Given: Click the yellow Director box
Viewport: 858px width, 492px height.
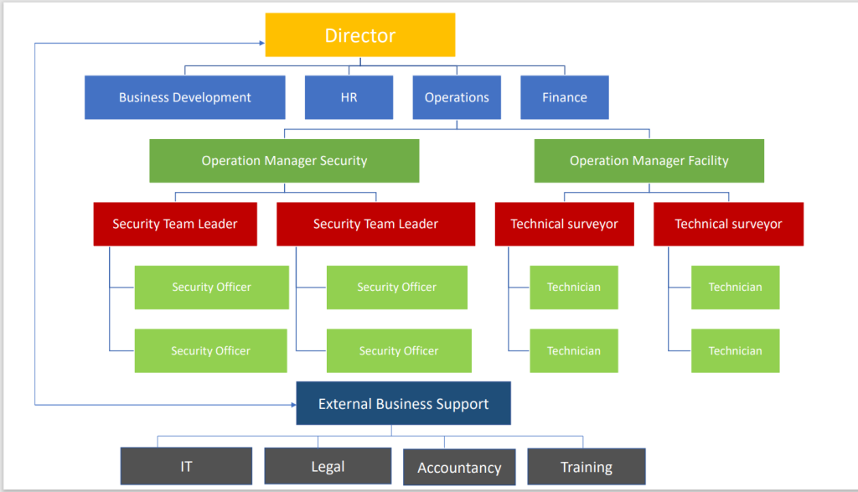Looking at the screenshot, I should click(360, 35).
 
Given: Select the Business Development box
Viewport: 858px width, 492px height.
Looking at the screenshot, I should click(184, 97).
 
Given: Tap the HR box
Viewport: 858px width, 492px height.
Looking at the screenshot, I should click(349, 97).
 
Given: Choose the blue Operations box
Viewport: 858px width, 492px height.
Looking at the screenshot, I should click(457, 97).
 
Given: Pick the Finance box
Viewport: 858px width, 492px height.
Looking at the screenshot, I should click(564, 97).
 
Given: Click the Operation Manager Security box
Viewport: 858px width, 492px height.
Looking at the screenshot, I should click(284, 160).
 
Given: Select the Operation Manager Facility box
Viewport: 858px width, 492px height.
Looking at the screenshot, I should click(649, 160).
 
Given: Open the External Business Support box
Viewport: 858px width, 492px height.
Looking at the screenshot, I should click(403, 404).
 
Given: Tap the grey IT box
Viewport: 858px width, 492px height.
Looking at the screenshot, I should click(186, 466).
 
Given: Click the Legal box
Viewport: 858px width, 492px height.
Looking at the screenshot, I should click(328, 466).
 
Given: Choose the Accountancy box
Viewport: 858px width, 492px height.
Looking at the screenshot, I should click(459, 468).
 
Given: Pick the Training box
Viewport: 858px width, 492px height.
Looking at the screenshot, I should click(587, 467).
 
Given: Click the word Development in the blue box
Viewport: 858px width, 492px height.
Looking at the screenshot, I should click(212, 97).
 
